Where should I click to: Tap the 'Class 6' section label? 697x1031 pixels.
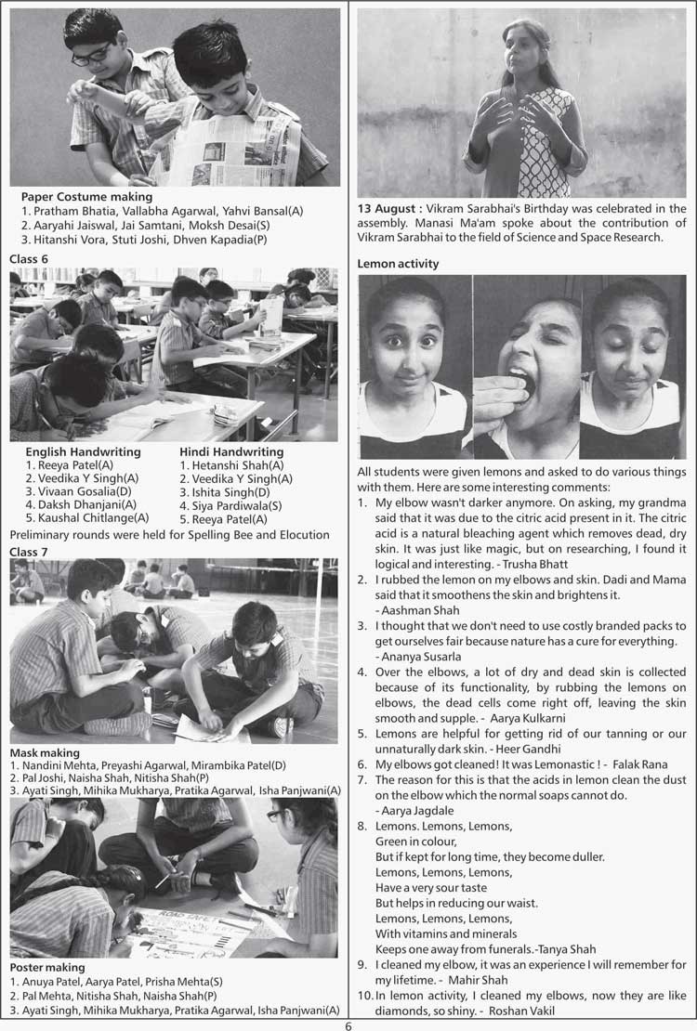[29, 258]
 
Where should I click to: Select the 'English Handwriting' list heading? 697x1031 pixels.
[83, 451]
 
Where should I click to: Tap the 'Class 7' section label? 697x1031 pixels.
[29, 552]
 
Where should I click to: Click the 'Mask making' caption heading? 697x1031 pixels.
[45, 752]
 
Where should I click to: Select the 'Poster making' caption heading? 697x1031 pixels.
[47, 967]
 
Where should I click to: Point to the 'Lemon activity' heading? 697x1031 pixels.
[398, 264]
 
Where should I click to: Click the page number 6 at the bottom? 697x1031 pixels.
[348, 1024]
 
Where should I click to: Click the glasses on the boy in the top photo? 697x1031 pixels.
[91, 53]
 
